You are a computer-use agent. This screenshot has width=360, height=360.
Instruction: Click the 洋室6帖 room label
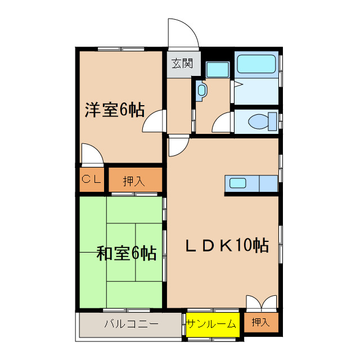[115, 110]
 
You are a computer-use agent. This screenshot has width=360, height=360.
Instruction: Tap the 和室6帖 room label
[127, 254]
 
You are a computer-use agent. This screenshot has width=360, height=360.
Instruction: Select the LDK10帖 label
[227, 246]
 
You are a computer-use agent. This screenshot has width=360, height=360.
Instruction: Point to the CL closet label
[92, 179]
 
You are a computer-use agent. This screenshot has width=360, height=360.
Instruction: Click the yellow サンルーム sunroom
[212, 323]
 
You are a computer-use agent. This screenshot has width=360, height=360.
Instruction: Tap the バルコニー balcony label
[131, 324]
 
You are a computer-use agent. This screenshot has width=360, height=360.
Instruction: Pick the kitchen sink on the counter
[236, 183]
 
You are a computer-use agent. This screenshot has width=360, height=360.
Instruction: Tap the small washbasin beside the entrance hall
[201, 90]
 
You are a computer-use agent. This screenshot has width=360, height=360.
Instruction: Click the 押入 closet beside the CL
[134, 181]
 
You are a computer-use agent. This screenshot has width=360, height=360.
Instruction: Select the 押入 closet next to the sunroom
[260, 322]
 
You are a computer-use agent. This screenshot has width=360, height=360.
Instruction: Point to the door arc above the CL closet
[91, 154]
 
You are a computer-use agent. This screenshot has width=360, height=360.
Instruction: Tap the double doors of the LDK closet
[262, 303]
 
